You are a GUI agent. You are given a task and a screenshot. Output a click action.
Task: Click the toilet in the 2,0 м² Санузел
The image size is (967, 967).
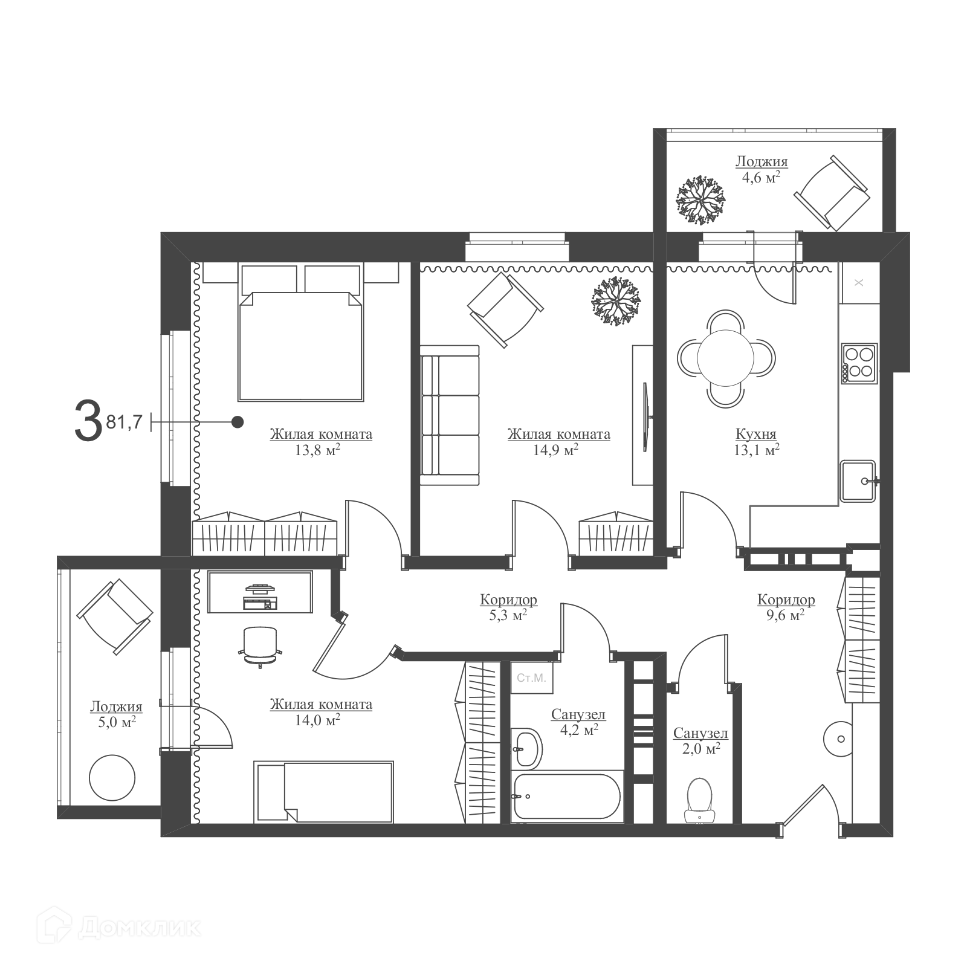700,800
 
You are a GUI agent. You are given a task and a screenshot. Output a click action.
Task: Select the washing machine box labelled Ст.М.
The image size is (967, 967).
531,678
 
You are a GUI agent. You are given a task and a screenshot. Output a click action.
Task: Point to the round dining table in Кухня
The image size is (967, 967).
725,357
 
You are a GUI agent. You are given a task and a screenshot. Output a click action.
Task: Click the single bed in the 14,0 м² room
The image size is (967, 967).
325,791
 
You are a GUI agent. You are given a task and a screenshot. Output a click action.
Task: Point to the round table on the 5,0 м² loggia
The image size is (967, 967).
112,777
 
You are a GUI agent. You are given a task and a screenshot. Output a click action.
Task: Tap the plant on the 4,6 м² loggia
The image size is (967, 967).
700,200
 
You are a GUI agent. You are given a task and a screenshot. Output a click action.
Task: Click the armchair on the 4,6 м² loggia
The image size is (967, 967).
832,193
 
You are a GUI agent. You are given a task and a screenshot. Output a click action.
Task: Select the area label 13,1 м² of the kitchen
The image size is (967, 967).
756,450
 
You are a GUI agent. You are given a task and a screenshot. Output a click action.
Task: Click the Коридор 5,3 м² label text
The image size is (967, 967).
509,607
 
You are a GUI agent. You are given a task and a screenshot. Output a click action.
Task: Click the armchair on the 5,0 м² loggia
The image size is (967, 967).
115,617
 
